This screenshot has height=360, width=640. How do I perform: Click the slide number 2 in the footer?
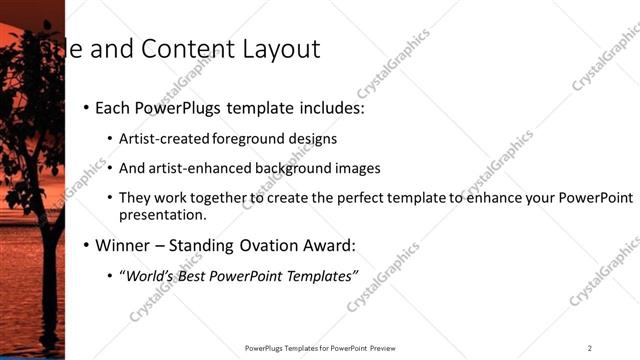click(x=589, y=347)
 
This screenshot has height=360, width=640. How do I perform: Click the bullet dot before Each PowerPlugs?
click(x=86, y=107)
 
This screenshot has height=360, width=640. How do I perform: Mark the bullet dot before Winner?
click(x=86, y=245)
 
